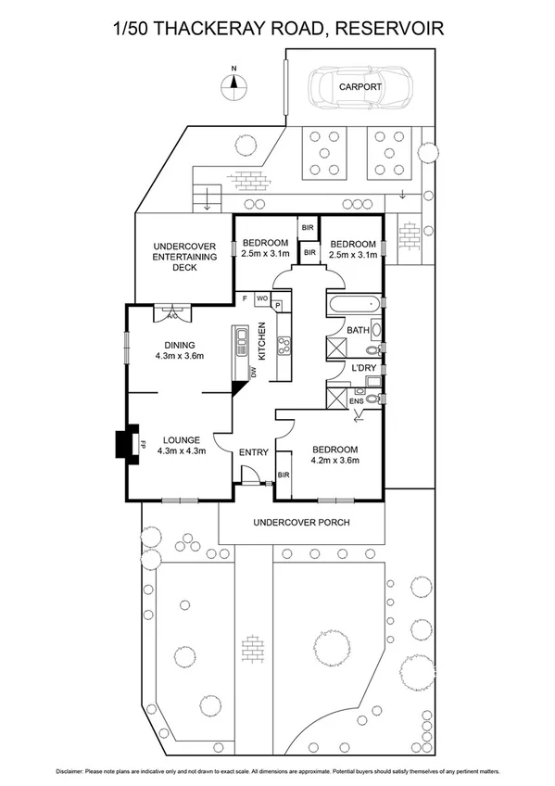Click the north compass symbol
(234, 84)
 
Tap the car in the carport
(358, 87)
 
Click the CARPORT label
(359, 86)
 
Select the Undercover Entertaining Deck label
(183, 257)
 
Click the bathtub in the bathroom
(353, 304)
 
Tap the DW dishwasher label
(252, 372)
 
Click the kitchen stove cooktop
(284, 346)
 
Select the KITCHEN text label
(262, 341)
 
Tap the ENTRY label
(253, 452)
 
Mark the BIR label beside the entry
(284, 475)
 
